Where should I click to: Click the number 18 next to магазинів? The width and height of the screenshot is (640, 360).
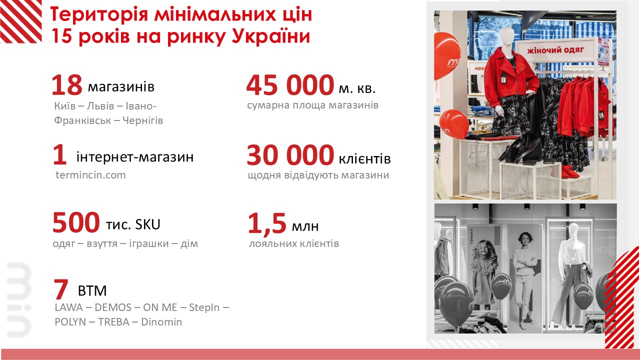67,85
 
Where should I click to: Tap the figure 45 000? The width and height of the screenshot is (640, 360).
290,85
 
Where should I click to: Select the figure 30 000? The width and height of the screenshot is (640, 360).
290,155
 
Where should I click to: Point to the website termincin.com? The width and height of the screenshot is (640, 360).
90,175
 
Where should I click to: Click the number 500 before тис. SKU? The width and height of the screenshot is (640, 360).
76,222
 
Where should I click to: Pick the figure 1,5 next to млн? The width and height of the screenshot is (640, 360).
267,223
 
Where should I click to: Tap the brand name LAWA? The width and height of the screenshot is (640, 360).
68,307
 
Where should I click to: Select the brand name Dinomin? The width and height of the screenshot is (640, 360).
161,322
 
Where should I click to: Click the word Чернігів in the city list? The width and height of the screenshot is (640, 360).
143,120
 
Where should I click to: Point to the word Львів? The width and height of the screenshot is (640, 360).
100,106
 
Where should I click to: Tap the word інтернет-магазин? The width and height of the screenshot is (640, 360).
135,157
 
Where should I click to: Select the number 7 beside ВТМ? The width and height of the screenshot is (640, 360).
61,289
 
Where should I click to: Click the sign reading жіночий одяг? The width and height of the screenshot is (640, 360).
555,50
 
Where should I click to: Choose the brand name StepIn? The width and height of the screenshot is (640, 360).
204,307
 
